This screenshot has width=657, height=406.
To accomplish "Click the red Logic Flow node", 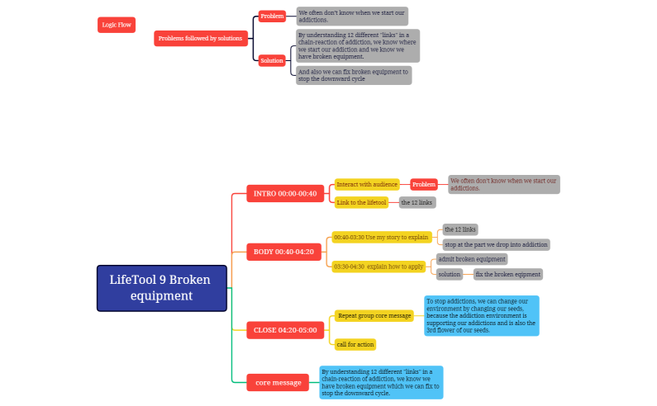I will coord(116,25).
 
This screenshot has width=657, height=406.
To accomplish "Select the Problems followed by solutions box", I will coord(200,39).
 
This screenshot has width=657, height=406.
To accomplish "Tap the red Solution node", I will coord(272,60).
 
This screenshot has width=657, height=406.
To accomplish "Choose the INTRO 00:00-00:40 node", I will coord(284,194).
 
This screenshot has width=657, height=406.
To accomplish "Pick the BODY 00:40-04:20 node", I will coord(283,252).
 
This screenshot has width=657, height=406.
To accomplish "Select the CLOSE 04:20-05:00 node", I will coord(284,330).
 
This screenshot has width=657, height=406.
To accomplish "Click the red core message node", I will coord(278,382).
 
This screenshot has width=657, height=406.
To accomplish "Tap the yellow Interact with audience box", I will coord(367,185).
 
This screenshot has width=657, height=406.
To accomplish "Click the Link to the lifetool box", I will coord(361,202).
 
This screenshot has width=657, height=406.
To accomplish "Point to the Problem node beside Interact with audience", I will coord(424,185).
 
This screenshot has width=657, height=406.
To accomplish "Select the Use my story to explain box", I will coord(381,238).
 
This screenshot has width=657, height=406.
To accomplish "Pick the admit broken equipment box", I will coord(471,259).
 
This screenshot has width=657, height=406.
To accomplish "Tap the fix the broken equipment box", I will coord(507,274).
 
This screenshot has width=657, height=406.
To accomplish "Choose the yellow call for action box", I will coord(355,343).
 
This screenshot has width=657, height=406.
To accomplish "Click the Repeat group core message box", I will coord(374,315).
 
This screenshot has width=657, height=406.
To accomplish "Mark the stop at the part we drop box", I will coord(496,244).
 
